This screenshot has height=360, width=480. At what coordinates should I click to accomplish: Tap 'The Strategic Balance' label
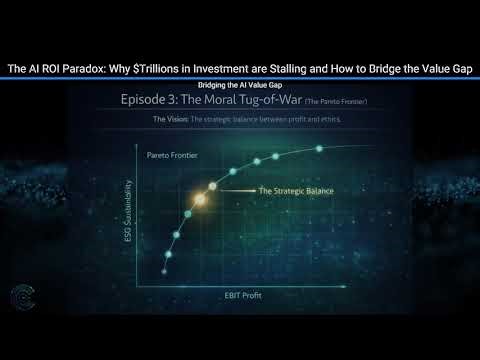[295, 190]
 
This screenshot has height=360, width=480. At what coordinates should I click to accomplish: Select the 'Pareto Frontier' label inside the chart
[169, 158]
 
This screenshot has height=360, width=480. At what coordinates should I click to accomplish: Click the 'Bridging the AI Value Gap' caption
[240, 85]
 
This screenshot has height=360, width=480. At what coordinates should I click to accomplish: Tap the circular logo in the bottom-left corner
[20, 298]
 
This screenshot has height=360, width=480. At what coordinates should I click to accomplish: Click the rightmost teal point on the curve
[319, 149]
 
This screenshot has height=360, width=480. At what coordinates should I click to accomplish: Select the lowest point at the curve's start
[165, 254]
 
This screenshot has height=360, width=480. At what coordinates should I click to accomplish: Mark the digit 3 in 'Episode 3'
[178, 101]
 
